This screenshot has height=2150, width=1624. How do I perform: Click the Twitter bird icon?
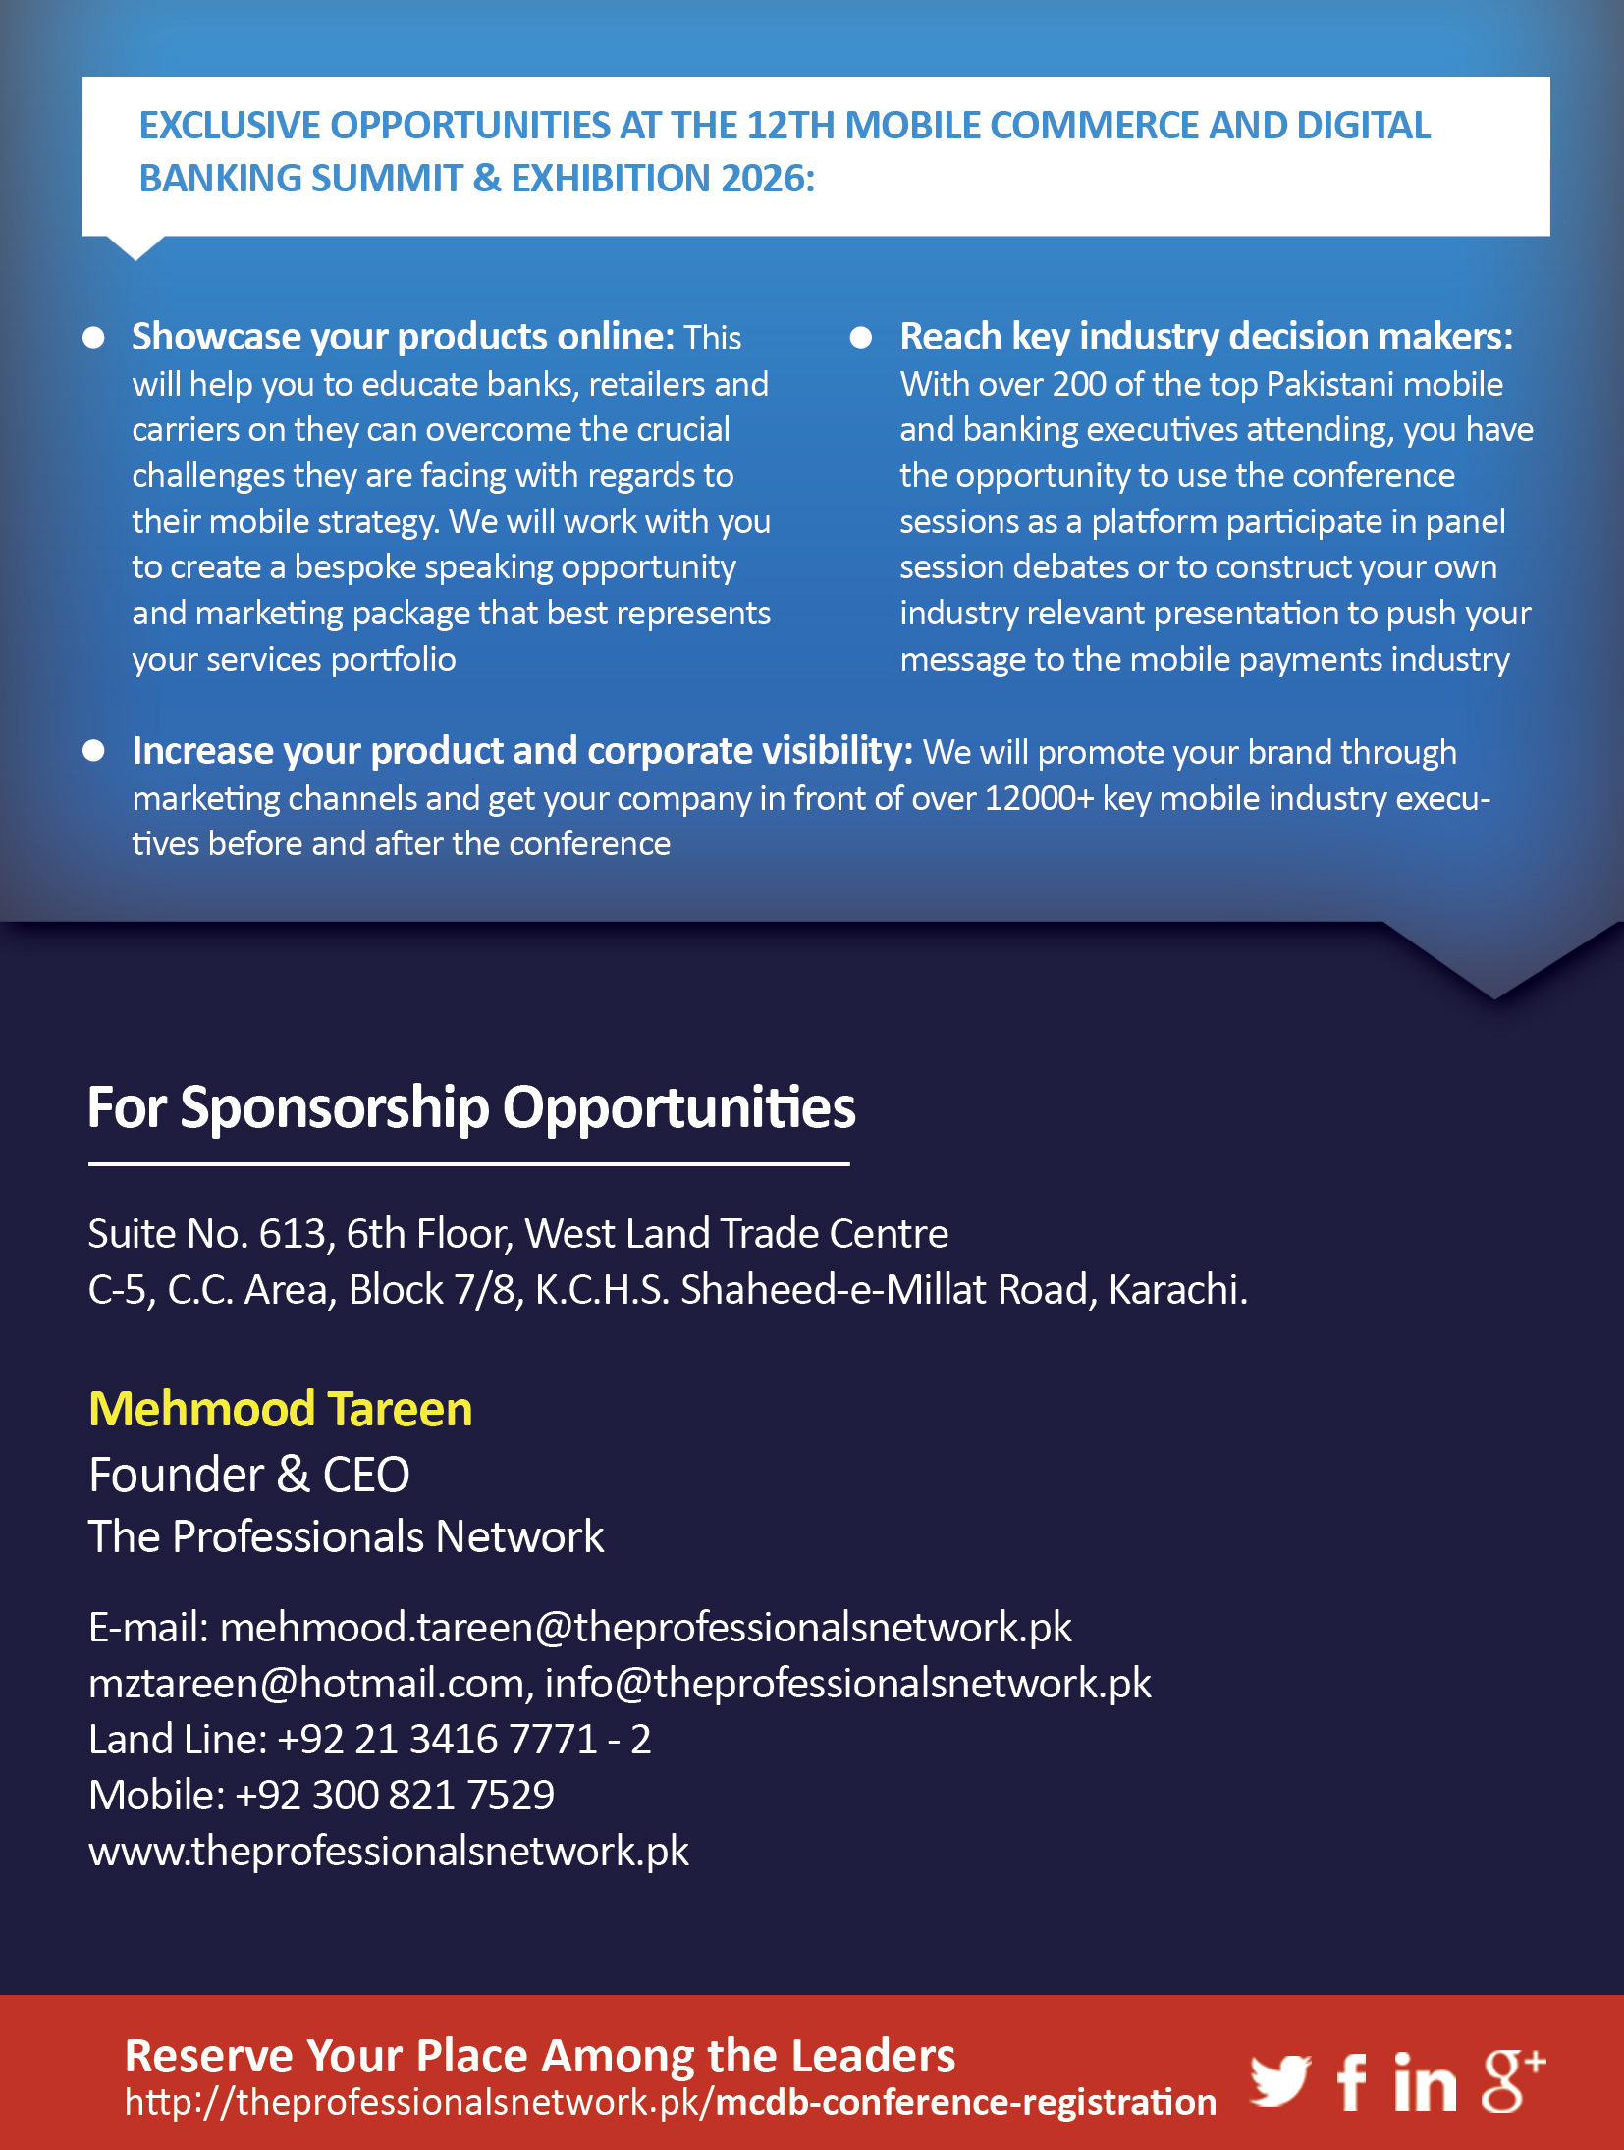(1279, 2080)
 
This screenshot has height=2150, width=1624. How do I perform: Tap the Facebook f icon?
(1351, 2082)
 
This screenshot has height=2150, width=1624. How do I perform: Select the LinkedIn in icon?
(1425, 2082)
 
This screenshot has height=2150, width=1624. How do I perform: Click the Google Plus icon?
(1511, 2080)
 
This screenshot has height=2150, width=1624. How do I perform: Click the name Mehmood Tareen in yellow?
(281, 1409)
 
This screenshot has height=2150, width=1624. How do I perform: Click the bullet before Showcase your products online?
(94, 338)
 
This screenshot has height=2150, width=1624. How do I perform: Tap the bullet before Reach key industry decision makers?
(861, 338)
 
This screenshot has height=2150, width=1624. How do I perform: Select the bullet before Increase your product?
(94, 751)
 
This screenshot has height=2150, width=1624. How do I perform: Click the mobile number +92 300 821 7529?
(395, 1795)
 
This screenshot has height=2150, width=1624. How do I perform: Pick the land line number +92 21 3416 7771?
(438, 1739)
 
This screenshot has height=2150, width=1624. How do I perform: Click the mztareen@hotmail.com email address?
(306, 1683)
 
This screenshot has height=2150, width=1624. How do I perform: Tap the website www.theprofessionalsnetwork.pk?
(389, 1851)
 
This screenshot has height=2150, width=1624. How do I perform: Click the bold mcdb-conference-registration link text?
(966, 2102)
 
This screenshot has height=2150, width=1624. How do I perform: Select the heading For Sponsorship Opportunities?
(471, 1108)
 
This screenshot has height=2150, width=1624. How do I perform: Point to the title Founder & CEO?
(249, 1475)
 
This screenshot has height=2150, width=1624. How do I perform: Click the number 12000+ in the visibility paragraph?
(1038, 798)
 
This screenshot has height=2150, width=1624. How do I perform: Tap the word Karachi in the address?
(1174, 1289)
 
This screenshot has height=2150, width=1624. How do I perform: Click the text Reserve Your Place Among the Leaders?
(540, 2055)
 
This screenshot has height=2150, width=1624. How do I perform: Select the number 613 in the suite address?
(292, 1234)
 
